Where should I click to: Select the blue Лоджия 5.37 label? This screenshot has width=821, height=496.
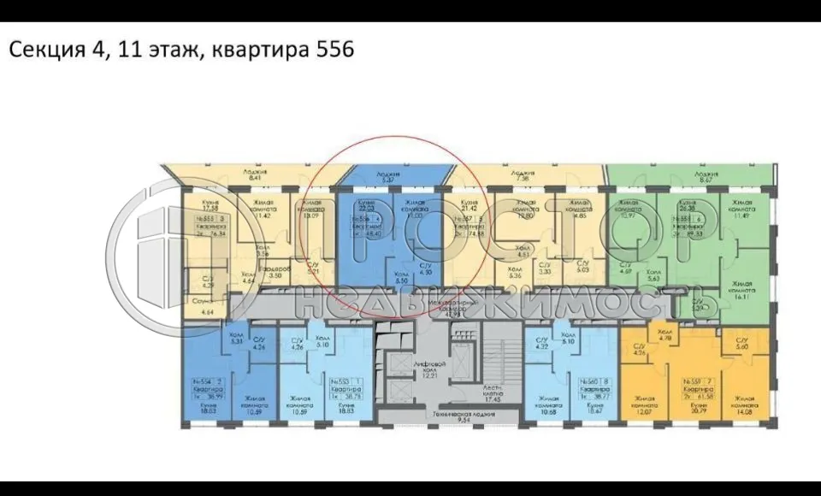click(x=392, y=176)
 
